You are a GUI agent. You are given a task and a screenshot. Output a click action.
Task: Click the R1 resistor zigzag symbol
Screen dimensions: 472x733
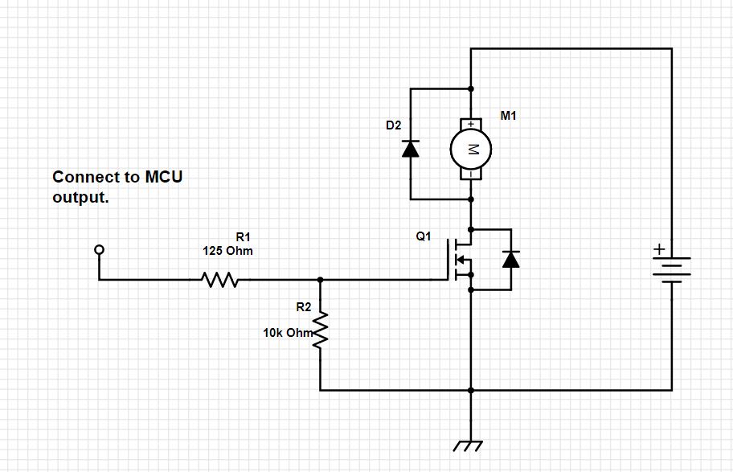(219, 281)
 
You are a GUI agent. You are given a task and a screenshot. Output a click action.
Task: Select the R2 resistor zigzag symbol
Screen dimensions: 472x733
(321, 330)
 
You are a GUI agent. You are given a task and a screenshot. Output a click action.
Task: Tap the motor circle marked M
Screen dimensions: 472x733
(471, 149)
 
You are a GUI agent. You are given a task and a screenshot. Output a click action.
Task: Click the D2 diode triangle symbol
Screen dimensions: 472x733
(411, 149)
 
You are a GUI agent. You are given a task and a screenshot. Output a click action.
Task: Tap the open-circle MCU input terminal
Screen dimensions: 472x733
(100, 250)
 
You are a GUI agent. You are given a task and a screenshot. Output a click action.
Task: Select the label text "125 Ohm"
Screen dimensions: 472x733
(227, 251)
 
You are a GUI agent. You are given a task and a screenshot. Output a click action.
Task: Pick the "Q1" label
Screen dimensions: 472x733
(424, 237)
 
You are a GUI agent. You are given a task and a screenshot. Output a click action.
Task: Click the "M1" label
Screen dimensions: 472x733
(508, 116)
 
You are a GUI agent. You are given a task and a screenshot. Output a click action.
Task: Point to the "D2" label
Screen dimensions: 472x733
(393, 126)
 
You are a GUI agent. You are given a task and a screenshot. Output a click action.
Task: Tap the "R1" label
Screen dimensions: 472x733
(244, 236)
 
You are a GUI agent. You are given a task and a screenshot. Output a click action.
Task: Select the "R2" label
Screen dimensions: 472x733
(303, 307)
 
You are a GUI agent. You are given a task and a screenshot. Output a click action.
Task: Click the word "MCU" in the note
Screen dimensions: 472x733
(163, 177)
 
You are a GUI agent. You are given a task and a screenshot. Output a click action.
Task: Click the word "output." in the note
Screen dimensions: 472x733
(80, 198)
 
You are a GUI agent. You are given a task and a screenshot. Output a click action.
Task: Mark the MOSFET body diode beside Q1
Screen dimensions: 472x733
(510, 259)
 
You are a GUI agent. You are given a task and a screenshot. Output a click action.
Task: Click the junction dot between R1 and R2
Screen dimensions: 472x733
(321, 281)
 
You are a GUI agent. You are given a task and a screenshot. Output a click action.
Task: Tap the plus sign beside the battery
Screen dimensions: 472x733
(658, 250)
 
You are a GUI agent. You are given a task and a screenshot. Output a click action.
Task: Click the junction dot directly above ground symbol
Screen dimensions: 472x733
(471, 390)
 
